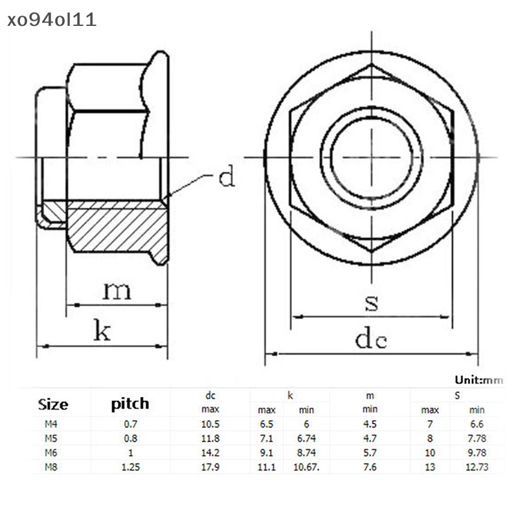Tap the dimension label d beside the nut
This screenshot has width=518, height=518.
click(x=226, y=176)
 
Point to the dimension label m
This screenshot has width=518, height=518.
click(x=117, y=290)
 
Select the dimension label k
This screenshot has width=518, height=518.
click(x=102, y=332)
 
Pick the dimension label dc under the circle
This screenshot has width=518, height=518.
click(x=371, y=338)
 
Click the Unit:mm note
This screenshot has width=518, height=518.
click(x=479, y=380)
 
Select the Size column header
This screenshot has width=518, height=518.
click(x=53, y=405)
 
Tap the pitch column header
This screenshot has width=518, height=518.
click(x=129, y=404)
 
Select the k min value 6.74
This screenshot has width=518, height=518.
click(x=306, y=438)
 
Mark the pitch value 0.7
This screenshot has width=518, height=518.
click(x=131, y=423)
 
